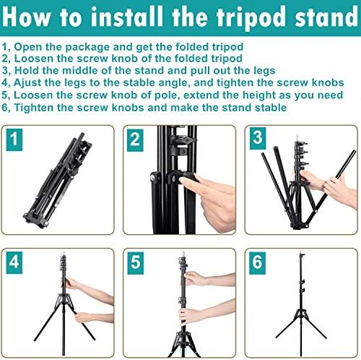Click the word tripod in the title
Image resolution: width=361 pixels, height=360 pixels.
coord(251,18)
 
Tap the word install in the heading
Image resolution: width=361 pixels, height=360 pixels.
coord(128,17)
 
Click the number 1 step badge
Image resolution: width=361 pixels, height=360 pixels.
coord(14,140)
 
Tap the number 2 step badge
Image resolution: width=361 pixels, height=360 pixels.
coord(135,140)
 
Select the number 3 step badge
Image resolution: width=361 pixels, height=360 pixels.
coord(258,138)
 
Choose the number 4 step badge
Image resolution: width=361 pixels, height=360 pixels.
coord(14,262)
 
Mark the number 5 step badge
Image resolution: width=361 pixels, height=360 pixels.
coord(136,263)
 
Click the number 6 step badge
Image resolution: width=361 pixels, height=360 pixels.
coord(257,263)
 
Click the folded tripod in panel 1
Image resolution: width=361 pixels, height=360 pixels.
coord(58,180)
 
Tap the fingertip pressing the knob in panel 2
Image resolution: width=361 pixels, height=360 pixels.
coord(183,180)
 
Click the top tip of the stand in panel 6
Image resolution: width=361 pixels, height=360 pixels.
coord(301,254)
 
